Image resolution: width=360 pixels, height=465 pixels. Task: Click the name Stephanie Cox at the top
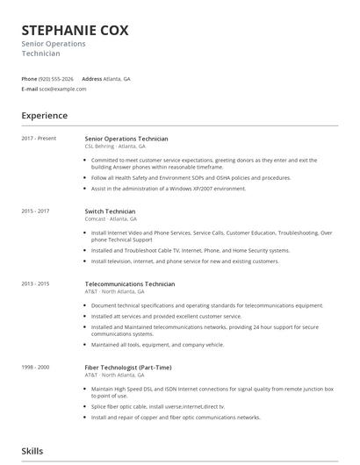(75, 30)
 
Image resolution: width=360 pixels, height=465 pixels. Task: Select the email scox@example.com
(58, 89)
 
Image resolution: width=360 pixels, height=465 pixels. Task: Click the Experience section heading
(45, 116)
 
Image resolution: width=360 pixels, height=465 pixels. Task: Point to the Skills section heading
(32, 451)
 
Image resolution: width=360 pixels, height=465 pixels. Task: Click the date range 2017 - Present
(39, 139)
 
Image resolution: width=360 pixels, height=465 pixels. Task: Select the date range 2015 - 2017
(35, 211)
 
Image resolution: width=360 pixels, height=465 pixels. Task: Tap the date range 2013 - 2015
(35, 284)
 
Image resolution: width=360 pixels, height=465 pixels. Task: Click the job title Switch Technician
(110, 211)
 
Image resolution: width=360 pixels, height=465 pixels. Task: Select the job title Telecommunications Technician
(129, 284)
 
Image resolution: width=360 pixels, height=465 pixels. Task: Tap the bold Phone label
(29, 78)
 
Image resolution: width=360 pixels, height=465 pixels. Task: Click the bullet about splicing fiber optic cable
(158, 407)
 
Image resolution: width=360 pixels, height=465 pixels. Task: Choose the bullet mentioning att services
(166, 316)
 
